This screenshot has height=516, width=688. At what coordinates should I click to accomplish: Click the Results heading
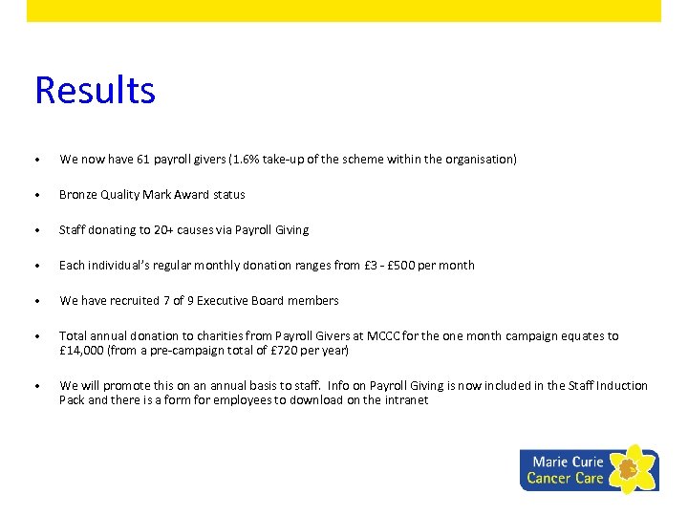coord(95,91)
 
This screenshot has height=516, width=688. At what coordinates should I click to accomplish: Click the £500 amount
coord(402,266)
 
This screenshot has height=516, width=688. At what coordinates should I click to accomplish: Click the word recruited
coord(127,301)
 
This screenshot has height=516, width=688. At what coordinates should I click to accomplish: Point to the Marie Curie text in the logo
coord(568,462)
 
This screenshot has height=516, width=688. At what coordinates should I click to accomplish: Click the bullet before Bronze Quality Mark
coord(36,195)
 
